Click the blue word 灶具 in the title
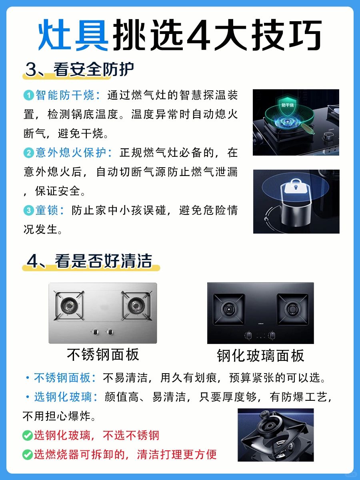coord(73,35)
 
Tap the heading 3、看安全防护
coord(79,70)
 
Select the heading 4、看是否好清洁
coord(89,261)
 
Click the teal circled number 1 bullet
coord(29,95)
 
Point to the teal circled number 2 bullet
coord(29,153)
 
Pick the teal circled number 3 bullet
coord(29,210)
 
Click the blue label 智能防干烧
coord(65,95)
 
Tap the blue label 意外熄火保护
coord(71,152)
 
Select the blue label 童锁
coord(46,210)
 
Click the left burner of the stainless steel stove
coord(69,305)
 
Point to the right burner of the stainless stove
coord(136,305)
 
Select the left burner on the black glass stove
coord(229,309)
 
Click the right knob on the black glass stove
coord(272,335)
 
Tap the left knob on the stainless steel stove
coord(96,332)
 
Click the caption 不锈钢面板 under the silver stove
coord(103,354)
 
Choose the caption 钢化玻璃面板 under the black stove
coord(260,355)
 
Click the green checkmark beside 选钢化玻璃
coord(28,436)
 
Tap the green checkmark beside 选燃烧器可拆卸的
coord(28,455)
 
